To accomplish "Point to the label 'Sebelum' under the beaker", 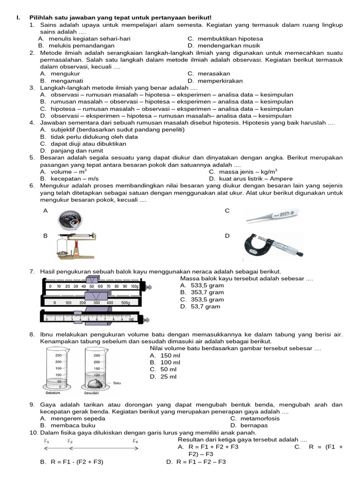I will [52, 393].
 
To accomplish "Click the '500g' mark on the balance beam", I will [126, 303].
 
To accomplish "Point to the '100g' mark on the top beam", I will [135, 286].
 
